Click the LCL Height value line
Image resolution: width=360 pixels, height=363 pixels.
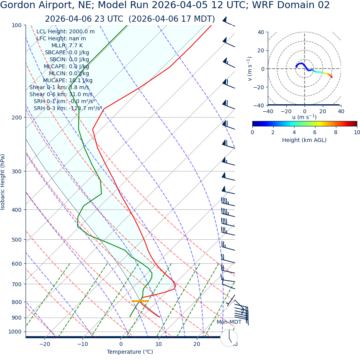[65, 32]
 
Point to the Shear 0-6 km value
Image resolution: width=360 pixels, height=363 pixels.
[61, 94]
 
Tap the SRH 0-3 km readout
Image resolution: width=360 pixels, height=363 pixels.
[67, 108]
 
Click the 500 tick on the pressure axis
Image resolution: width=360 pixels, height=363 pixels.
[16, 240]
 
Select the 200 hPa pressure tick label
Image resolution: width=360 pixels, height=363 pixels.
[16, 118]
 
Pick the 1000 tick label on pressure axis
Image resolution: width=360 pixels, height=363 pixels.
[15, 332]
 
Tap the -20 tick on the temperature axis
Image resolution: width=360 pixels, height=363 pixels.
[45, 344]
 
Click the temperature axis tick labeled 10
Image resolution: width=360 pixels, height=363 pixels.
[159, 344]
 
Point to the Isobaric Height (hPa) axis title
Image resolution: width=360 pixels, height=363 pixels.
[3, 182]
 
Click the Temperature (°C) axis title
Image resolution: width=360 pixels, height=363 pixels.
[130, 352]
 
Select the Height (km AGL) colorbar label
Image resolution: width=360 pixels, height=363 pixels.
[304, 140]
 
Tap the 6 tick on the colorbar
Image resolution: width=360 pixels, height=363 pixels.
[315, 132]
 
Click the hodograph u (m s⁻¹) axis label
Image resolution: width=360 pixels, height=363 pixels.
[304, 117]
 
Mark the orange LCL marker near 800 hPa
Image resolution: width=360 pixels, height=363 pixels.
[140, 301]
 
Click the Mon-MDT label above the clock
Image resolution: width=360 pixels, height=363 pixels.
[229, 322]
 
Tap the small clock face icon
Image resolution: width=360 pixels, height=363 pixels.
[229, 338]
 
